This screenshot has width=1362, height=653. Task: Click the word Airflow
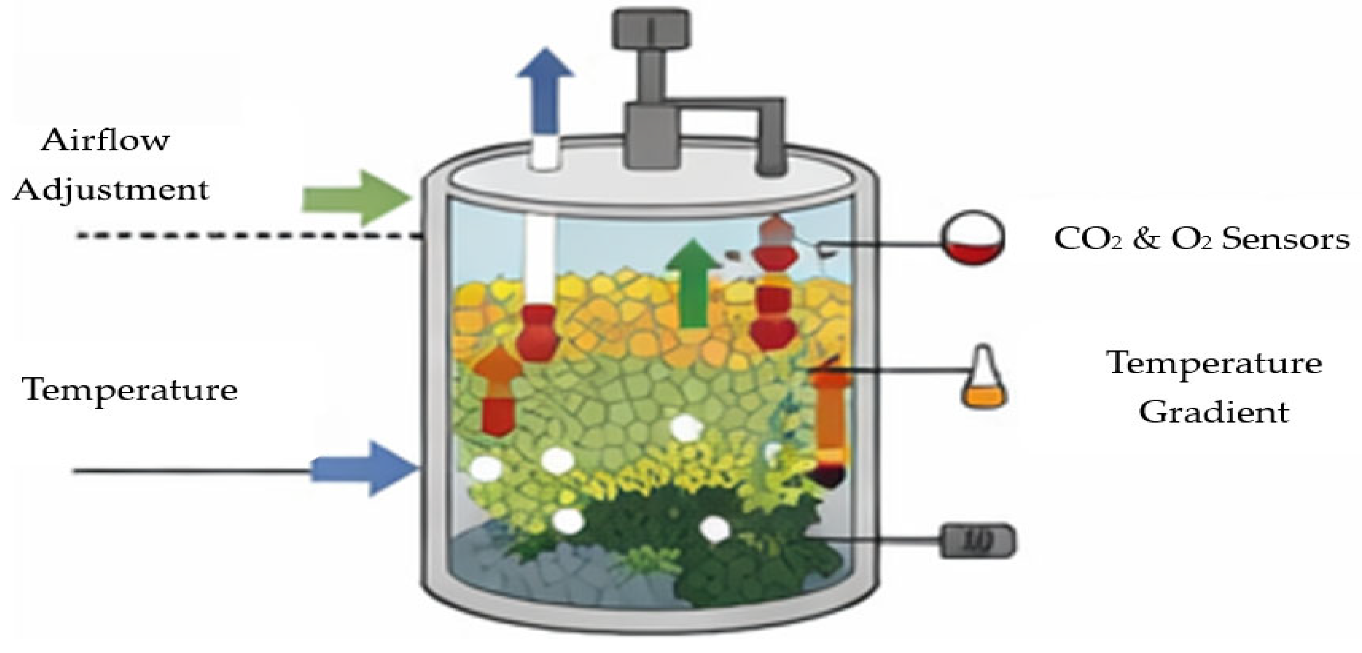point(105,140)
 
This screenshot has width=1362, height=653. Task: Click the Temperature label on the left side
point(130,390)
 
